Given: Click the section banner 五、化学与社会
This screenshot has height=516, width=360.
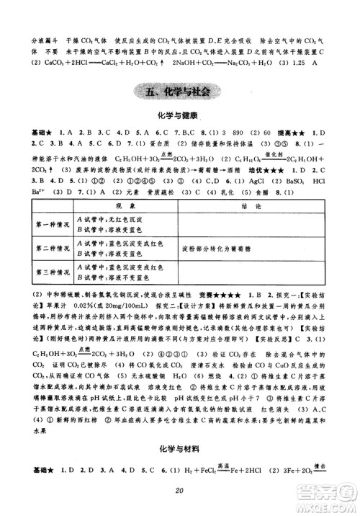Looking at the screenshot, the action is coord(181,92).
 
